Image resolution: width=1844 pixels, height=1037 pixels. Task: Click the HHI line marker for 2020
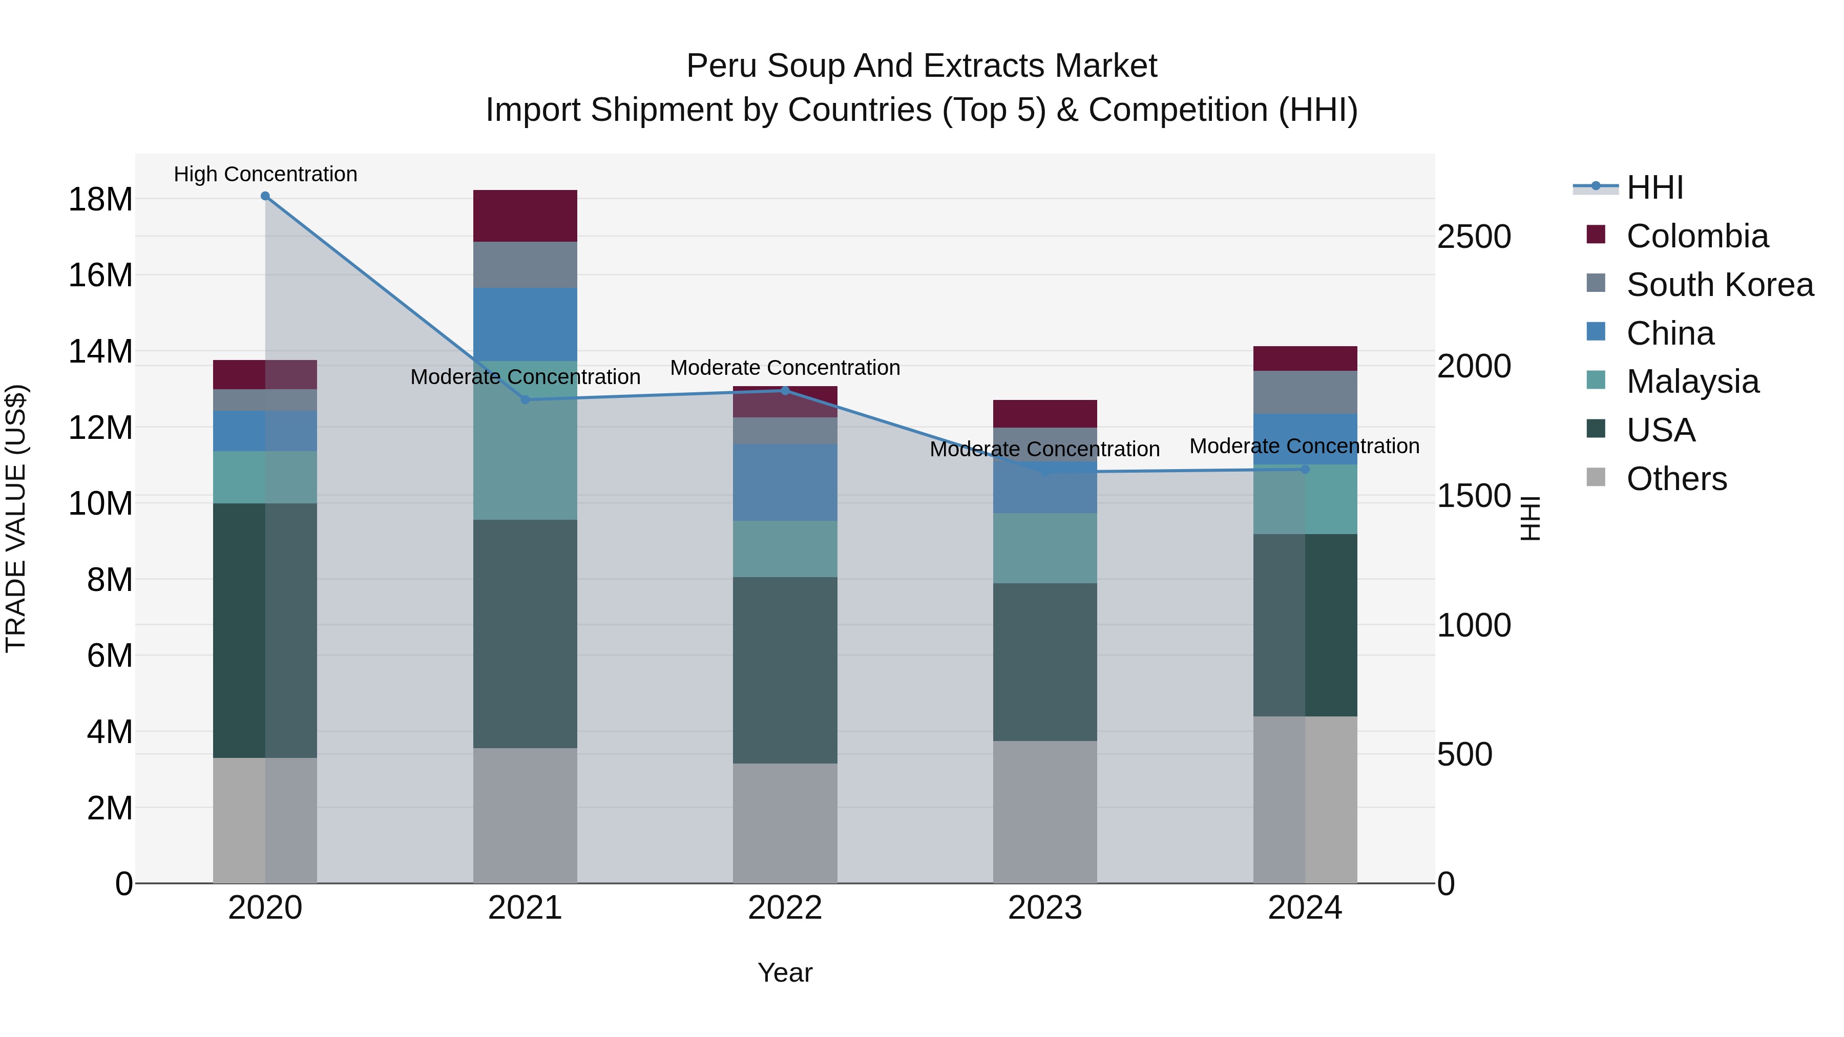pyautogui.click(x=265, y=196)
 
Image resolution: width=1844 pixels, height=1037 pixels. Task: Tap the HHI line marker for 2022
pyautogui.click(x=785, y=391)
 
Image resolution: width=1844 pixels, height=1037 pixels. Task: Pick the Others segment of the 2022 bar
pyautogui.click(x=785, y=822)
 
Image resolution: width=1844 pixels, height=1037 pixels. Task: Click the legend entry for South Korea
pyautogui.click(x=1720, y=285)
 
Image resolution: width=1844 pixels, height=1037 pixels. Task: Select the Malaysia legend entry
pyautogui.click(x=1692, y=382)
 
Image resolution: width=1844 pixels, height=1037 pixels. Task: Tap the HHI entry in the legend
pyautogui.click(x=1654, y=187)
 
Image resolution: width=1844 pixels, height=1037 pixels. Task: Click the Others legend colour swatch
pyautogui.click(x=1596, y=477)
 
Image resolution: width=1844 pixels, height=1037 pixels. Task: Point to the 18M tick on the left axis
pyautogui.click(x=100, y=199)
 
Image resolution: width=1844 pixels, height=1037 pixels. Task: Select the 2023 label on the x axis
pyautogui.click(x=1044, y=908)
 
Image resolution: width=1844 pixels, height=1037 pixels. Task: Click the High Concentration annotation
pyautogui.click(x=265, y=174)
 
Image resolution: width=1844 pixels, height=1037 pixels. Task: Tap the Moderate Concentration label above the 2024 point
pyautogui.click(x=1304, y=446)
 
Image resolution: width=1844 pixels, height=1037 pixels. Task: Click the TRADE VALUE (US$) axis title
pyautogui.click(x=16, y=518)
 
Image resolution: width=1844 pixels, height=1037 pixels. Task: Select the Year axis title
pyautogui.click(x=785, y=972)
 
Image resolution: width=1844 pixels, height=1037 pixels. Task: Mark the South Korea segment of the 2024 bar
pyautogui.click(x=1304, y=392)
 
